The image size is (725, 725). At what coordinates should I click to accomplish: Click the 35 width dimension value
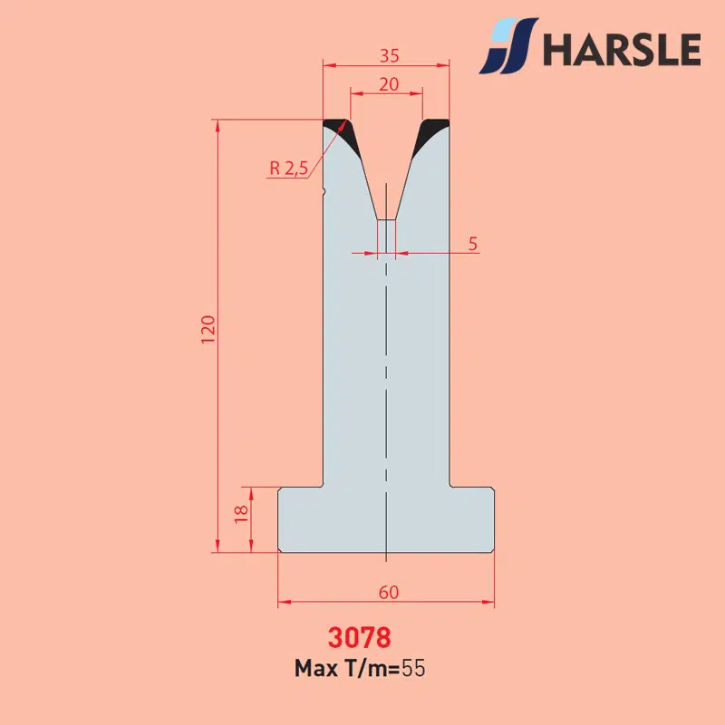coord(390,56)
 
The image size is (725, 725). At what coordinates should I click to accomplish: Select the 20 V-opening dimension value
coord(389,84)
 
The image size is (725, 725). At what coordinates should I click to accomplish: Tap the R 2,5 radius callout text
coord(288,168)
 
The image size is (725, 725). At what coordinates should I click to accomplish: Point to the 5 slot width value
coord(472,244)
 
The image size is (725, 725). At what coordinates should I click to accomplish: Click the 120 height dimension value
coord(208,329)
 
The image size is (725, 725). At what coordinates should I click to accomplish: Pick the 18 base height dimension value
coord(241,514)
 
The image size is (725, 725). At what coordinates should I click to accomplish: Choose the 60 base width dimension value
coord(389,593)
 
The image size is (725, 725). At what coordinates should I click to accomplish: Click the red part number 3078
coord(359,637)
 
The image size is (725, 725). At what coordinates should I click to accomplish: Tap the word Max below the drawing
coord(315,668)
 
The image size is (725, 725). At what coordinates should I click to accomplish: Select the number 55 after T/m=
coord(413,668)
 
